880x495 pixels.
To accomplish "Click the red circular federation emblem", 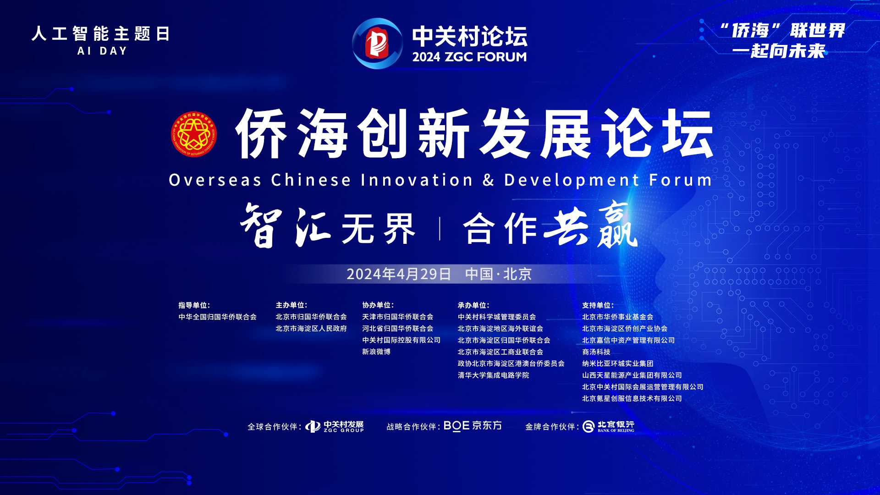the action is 194,134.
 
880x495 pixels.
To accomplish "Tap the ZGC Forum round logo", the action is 377,44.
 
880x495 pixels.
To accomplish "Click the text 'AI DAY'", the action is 102,51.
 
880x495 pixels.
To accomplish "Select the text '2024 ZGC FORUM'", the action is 469,57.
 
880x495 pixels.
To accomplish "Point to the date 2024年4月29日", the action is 399,274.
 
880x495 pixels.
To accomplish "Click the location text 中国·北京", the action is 498,274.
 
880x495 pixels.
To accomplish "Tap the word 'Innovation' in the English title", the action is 417,180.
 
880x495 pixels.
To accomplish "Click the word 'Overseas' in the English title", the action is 215,180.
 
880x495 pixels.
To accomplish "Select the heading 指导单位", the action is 194,305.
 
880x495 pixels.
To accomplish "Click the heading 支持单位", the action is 598,305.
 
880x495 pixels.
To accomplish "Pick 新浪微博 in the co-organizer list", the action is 376,352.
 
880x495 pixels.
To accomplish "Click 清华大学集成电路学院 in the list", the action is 493,375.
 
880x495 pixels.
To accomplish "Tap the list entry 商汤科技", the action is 596,352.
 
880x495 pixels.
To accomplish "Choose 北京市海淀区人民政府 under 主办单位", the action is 311,329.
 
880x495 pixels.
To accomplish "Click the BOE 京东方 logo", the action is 473,426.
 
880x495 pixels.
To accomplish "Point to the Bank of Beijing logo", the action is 609,427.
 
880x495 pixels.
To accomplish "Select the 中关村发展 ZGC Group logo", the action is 335,427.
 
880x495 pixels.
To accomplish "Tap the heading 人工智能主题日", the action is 101,34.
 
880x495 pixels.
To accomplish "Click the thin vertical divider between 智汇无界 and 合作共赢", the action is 440,229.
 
